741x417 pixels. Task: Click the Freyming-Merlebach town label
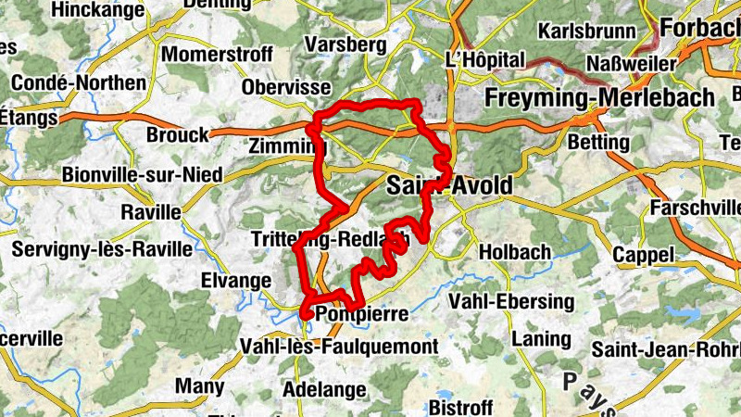601,97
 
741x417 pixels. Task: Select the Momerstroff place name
217,55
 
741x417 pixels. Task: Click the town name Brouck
178,134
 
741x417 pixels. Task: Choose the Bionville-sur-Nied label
129,174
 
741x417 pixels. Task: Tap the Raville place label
151,211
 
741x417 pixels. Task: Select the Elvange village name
235,279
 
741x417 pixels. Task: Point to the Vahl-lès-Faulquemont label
338,347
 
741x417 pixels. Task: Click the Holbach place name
515,251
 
